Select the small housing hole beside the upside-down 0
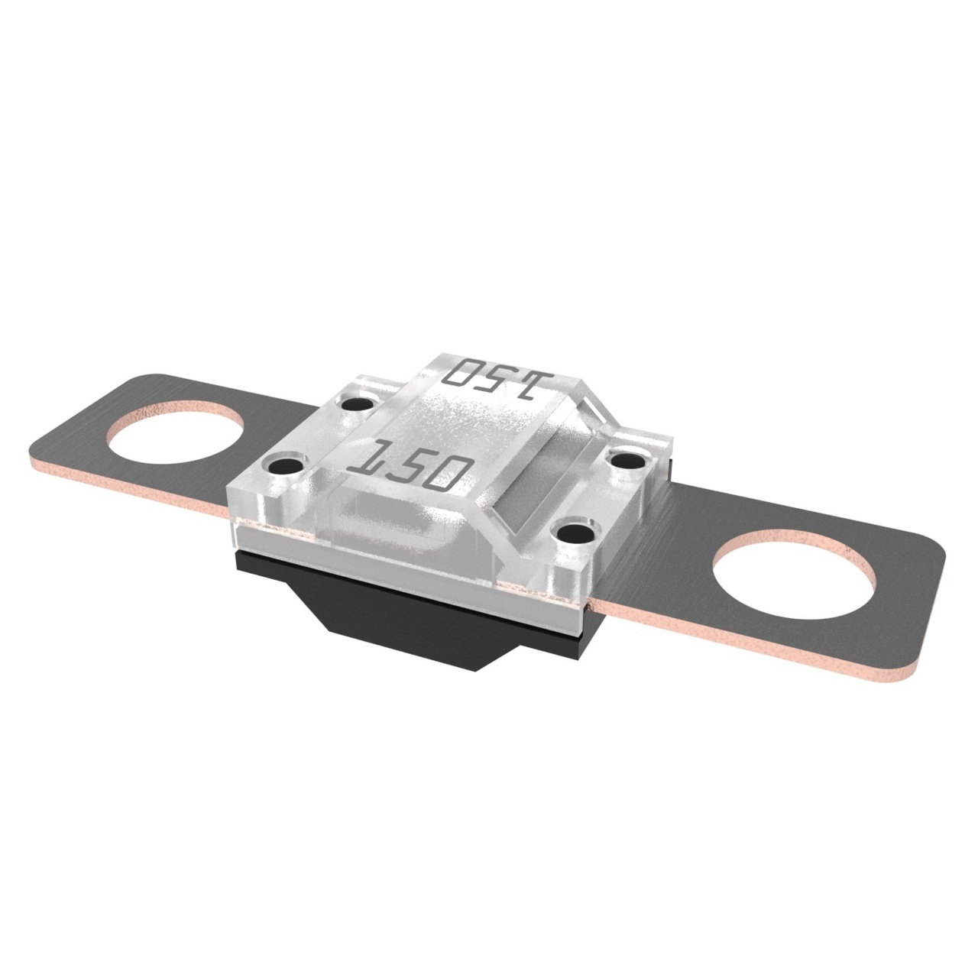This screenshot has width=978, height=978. [x=360, y=403]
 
